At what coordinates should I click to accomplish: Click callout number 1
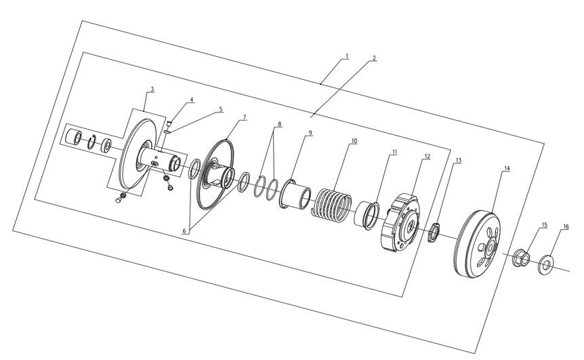(347, 56)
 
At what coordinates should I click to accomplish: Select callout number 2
(374, 58)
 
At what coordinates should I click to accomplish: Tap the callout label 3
(152, 89)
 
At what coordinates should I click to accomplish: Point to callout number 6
(184, 231)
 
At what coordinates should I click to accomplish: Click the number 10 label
(354, 141)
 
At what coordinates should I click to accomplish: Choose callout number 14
(507, 168)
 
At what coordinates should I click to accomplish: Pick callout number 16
(566, 226)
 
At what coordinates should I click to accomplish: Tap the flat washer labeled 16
(546, 264)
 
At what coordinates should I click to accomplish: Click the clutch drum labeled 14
(478, 244)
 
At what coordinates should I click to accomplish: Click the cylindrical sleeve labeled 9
(295, 194)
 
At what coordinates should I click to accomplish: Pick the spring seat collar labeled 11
(367, 216)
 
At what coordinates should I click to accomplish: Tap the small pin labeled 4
(169, 123)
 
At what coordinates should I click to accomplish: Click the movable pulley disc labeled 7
(215, 174)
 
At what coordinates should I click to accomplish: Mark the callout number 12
(427, 157)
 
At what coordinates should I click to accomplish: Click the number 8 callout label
(279, 123)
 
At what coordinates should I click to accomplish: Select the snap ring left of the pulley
(91, 142)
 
